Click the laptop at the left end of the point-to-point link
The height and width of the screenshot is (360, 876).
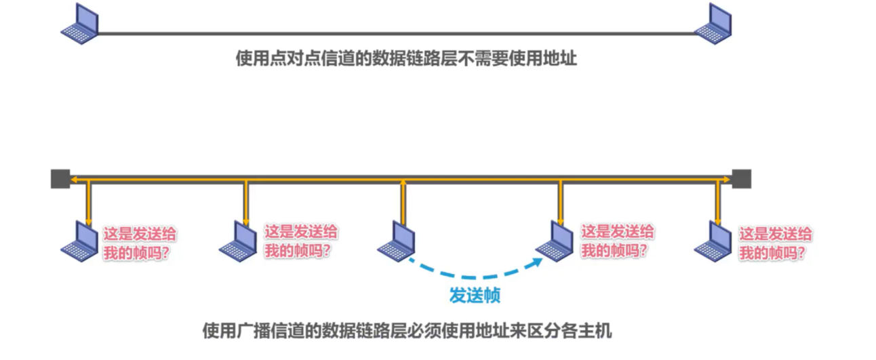(80, 24)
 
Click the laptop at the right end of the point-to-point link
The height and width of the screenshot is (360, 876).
(713, 24)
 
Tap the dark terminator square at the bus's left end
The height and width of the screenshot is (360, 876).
(60, 178)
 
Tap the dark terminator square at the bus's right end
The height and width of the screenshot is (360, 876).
(741, 178)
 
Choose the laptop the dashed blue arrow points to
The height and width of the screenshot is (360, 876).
(555, 241)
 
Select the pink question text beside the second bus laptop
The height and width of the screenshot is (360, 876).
(300, 241)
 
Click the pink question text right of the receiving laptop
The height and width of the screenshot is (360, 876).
(617, 241)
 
